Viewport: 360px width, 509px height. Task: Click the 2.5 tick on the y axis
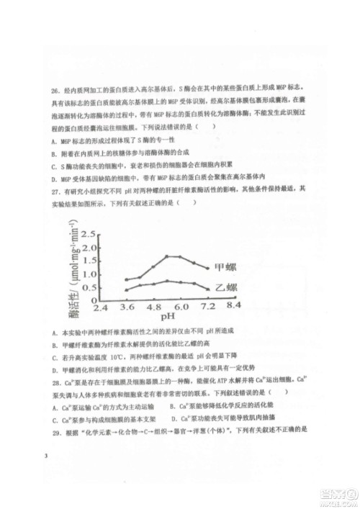point(87,235)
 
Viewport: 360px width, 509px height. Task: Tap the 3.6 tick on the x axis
point(127,307)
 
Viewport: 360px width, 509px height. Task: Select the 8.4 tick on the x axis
point(233,307)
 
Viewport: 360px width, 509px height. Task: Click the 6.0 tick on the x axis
point(180,307)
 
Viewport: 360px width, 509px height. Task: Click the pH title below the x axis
point(168,315)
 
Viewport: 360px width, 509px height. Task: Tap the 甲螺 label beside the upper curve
point(226,268)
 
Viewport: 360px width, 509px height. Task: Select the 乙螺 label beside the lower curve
point(226,287)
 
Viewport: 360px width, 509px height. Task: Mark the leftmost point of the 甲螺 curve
point(127,279)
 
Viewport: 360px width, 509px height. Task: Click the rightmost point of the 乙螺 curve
point(207,288)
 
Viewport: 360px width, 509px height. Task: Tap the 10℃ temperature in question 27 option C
point(114,356)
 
